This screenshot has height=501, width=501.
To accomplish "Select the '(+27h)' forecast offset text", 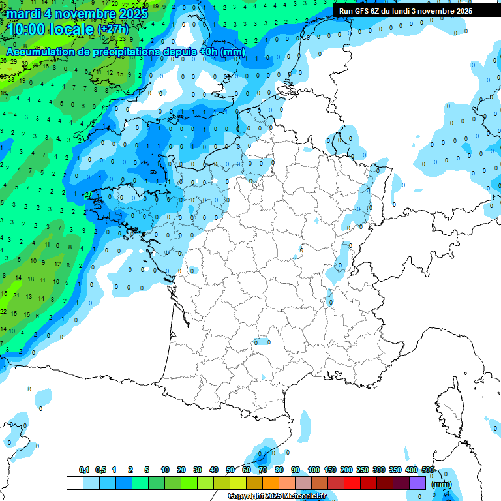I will tap(113, 30).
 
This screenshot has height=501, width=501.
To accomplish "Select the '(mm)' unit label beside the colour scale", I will tap(442, 484).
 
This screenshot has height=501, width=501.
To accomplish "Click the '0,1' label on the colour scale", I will tap(83, 470).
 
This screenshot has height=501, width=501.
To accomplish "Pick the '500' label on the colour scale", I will tap(428, 470).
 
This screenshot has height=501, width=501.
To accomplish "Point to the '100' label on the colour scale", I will tap(314, 470).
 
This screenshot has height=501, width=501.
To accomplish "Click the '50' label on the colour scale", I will tap(230, 470).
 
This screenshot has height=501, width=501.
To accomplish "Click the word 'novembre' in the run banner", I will tap(440, 11).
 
